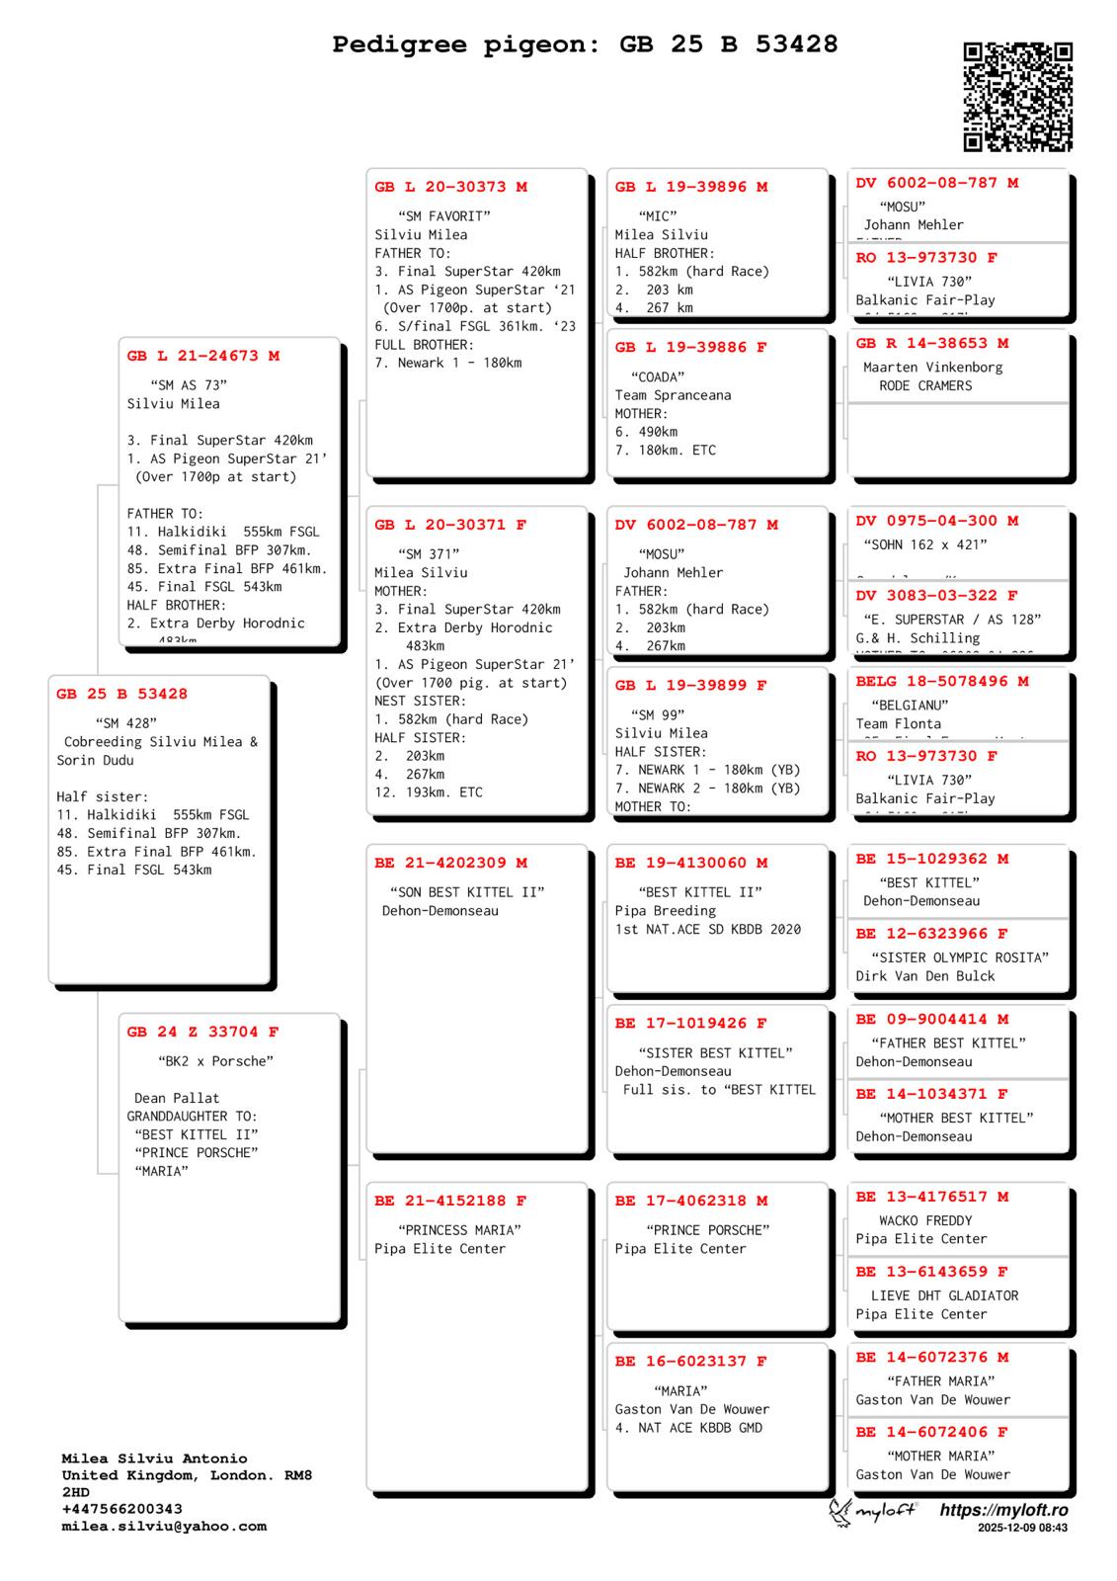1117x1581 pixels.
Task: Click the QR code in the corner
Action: pos(1017,97)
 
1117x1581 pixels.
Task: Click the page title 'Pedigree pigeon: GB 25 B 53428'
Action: pos(585,44)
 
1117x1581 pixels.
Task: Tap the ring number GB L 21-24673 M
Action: pos(203,356)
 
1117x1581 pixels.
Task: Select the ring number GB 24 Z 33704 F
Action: pos(203,1032)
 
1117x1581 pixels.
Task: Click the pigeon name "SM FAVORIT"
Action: pos(444,216)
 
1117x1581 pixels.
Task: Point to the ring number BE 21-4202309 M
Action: pos(451,863)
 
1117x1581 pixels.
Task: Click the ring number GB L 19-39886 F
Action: pos(691,347)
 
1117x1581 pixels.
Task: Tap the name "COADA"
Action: pos(658,376)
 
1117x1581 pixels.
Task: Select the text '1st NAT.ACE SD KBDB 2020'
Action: pos(708,929)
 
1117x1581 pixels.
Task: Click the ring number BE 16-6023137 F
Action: pos(691,1361)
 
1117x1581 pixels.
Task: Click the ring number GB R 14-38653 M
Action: pos(932,343)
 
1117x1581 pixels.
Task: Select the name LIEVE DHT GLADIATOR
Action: pos(944,1295)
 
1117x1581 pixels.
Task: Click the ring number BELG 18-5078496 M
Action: pos(942,681)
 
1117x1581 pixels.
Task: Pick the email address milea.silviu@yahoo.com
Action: pos(164,1526)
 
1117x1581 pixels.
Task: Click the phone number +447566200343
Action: pos(122,1509)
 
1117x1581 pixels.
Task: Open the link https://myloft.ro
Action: pos(1003,1510)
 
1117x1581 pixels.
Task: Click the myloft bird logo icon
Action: pos(840,1512)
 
